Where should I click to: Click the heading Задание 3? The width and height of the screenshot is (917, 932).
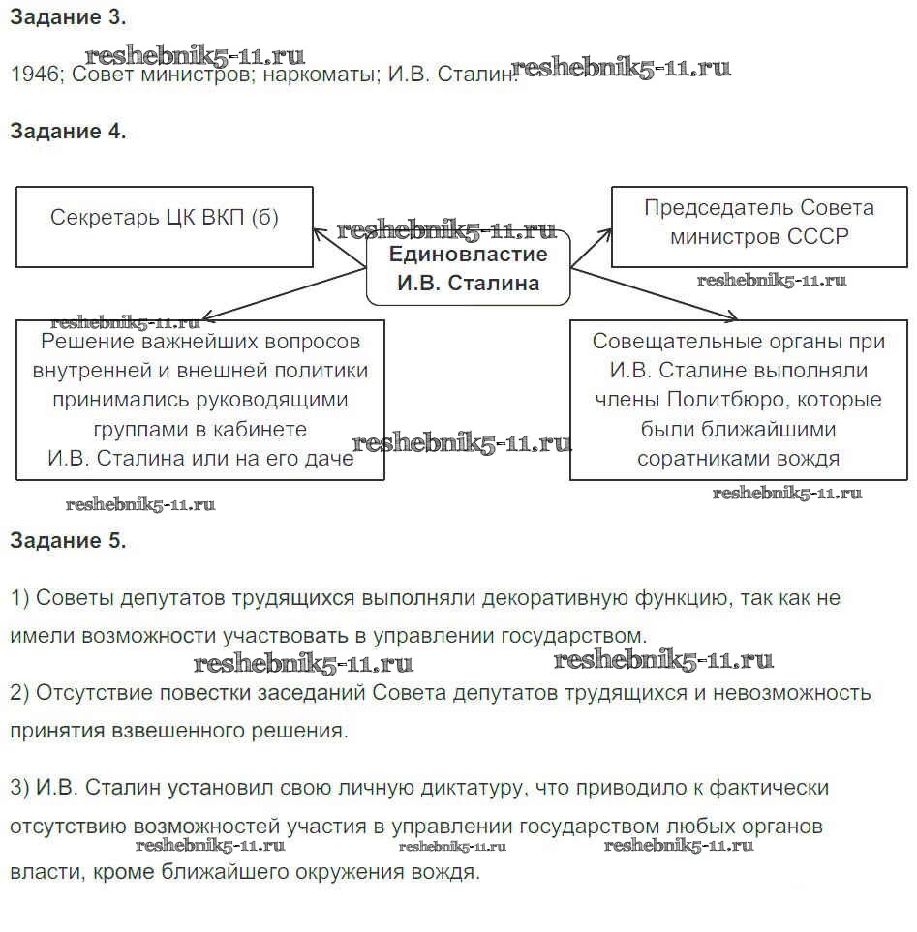point(68,16)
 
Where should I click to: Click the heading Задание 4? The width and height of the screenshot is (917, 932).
point(68,132)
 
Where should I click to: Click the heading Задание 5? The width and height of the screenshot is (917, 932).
point(68,541)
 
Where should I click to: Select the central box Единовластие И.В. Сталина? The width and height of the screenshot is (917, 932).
point(469,269)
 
